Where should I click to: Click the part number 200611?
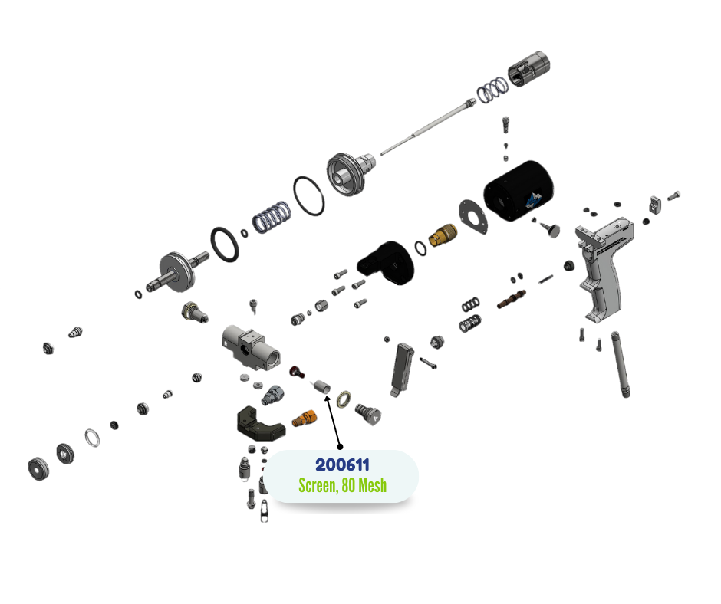342,464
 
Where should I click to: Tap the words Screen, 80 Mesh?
343,485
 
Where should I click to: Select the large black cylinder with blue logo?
519,190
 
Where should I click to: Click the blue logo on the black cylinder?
534,200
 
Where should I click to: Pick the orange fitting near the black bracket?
305,418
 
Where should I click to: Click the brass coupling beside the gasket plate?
443,234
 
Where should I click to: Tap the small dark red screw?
297,372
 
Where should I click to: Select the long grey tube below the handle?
620,364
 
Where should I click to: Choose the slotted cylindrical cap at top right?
528,69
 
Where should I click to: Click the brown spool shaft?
512,299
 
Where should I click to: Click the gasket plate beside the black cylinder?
473,217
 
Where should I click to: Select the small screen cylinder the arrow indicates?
321,386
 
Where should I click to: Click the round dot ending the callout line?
340,446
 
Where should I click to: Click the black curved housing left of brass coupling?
386,263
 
